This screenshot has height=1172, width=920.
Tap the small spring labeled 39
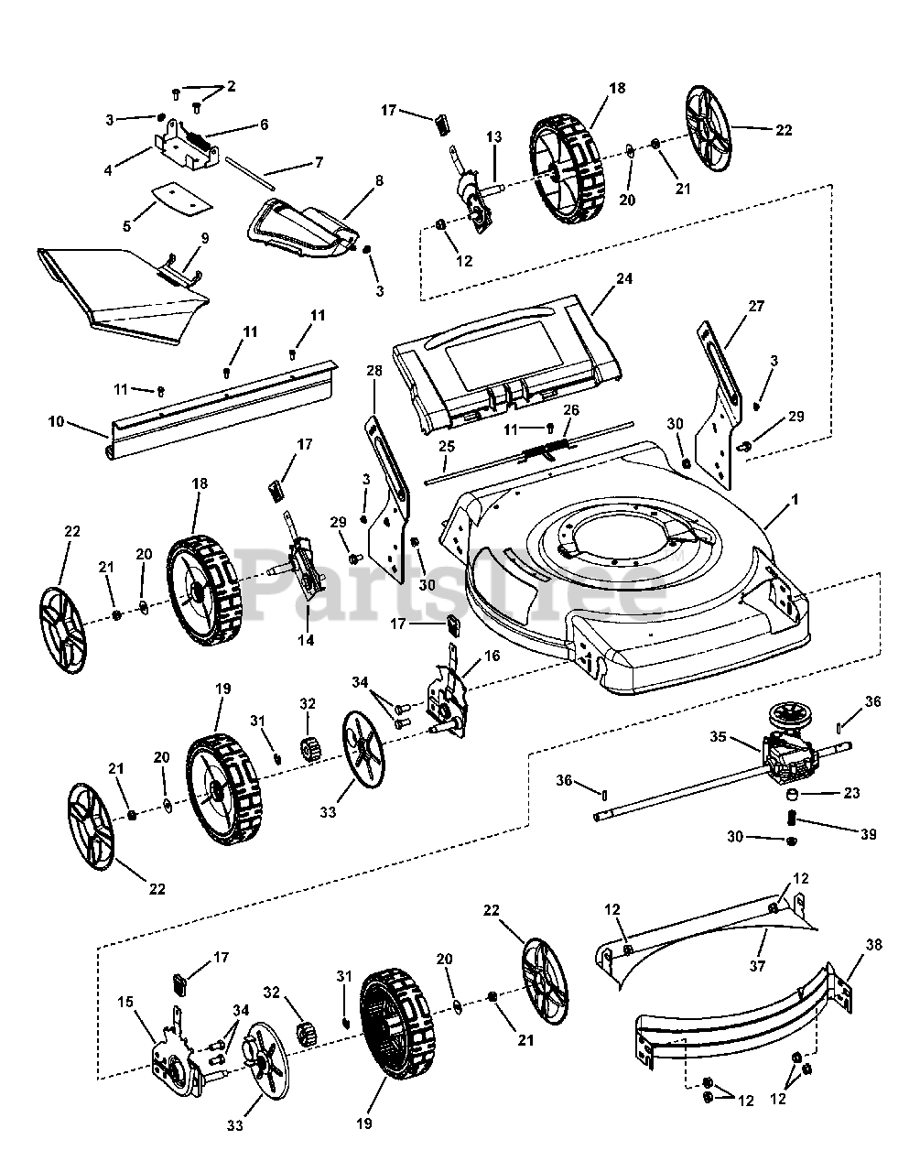(x=791, y=818)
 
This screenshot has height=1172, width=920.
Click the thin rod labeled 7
(x=251, y=173)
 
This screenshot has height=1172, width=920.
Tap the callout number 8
(x=379, y=180)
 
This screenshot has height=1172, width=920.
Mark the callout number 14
(x=306, y=640)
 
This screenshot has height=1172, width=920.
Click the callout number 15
(x=125, y=1002)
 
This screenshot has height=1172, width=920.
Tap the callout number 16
(x=492, y=656)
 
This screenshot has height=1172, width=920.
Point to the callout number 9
(x=205, y=238)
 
